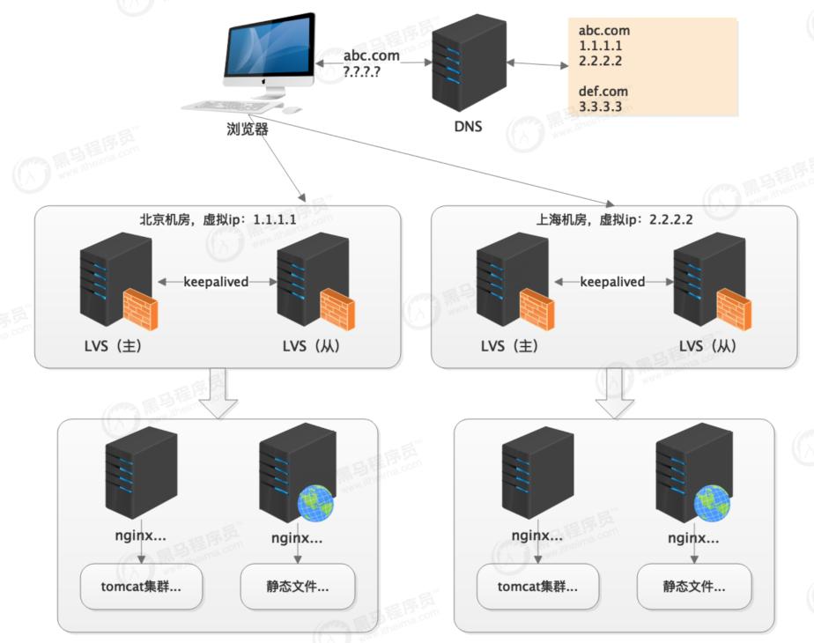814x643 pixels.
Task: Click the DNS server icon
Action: coord(469,64)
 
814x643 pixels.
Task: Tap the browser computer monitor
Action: coord(268,48)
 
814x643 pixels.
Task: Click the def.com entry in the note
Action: coord(604,91)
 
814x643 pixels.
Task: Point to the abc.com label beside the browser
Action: coord(371,55)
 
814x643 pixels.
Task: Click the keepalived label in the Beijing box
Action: coord(216,282)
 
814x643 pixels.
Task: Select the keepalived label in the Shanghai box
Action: coord(612,282)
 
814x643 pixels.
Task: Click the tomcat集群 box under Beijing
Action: coord(142,587)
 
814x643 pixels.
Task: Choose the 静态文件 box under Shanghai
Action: coord(695,587)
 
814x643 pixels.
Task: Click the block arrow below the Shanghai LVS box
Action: coord(614,393)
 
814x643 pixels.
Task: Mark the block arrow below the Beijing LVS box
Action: coord(218,393)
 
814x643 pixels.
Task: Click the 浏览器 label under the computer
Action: coord(248,129)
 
